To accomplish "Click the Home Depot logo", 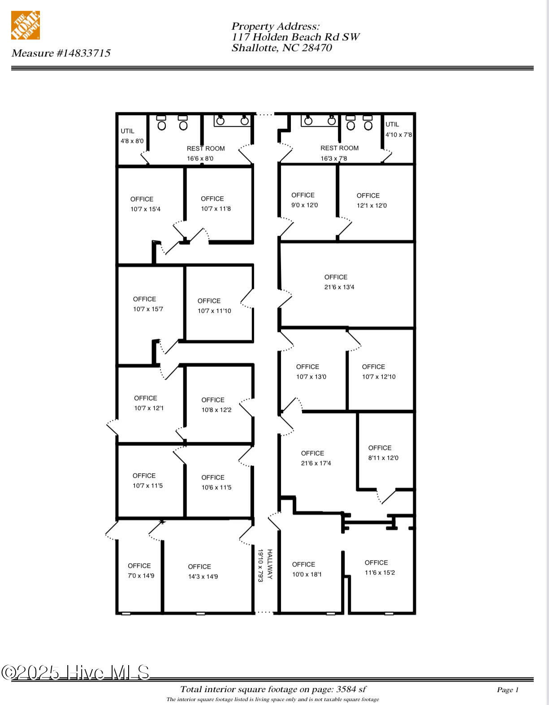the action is coord(26,25).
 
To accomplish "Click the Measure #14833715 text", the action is coord(61,53).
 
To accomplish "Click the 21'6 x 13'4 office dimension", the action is coord(339,287).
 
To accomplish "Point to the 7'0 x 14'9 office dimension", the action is coord(141,575).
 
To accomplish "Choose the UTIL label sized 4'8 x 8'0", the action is coord(127,131).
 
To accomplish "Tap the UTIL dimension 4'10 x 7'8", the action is coord(398,134).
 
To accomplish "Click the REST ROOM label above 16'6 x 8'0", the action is coord(206,148).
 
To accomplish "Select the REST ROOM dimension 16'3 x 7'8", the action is coord(334,158).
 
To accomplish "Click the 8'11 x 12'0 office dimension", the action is coord(383,458).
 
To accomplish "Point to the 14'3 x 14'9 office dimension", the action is coord(203,576).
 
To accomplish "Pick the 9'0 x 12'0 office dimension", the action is coord(304,205).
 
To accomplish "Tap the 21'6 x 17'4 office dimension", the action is coord(316,463).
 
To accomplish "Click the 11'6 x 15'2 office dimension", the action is coord(380,573).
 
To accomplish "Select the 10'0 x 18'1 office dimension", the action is coord(307,574).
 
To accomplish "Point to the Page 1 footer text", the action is coord(507,690).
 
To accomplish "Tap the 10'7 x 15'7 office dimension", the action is coord(148,309).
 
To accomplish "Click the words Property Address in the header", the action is coord(275,26).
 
